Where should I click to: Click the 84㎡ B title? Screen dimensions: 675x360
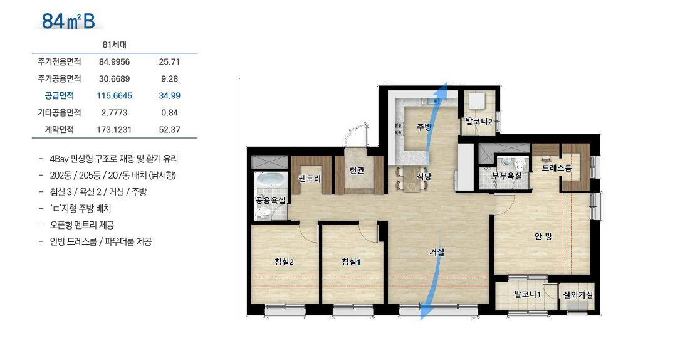(x=69, y=21)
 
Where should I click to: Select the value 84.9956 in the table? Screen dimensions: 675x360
(x=114, y=62)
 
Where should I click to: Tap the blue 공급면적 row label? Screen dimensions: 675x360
(x=60, y=95)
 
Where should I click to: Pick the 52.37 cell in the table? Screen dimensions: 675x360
(x=169, y=130)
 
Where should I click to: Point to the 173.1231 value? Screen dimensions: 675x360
(x=114, y=130)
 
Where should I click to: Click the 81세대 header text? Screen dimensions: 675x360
(x=115, y=45)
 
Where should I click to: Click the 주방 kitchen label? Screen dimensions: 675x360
(x=424, y=127)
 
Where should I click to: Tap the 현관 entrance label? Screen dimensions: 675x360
(x=357, y=171)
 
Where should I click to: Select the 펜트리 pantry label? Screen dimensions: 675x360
(x=310, y=178)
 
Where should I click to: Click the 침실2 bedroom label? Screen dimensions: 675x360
(x=284, y=262)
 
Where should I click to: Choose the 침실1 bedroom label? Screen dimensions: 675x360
(x=351, y=262)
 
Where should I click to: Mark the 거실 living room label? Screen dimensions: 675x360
(x=437, y=252)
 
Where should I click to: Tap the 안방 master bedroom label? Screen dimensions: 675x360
(x=543, y=236)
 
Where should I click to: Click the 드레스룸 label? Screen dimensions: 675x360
(x=557, y=168)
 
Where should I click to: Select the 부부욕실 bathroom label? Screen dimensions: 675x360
(x=506, y=176)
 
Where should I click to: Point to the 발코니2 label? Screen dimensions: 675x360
(x=479, y=122)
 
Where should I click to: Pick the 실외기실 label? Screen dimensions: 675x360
(x=578, y=295)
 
